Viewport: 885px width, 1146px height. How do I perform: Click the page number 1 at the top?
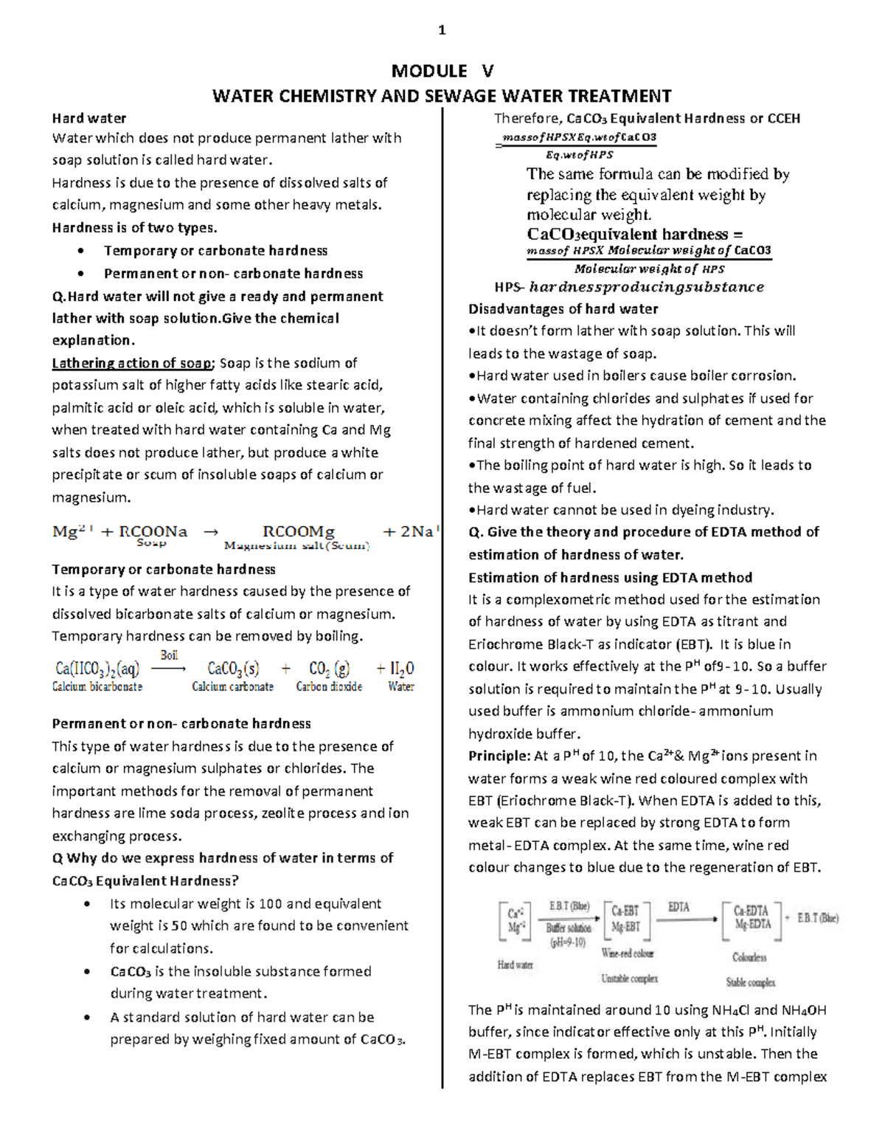click(442, 30)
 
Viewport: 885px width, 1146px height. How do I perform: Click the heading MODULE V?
click(442, 71)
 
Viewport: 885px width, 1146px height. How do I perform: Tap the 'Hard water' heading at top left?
click(88, 118)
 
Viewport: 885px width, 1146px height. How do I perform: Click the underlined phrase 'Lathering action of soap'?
click(132, 363)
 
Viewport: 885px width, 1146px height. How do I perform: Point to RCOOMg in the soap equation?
click(299, 531)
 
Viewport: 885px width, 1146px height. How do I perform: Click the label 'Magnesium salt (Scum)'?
click(296, 546)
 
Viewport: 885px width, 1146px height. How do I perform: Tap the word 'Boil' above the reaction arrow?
click(169, 655)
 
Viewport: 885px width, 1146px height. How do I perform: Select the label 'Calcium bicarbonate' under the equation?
click(97, 686)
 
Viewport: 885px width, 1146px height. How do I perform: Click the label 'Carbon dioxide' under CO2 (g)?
click(329, 686)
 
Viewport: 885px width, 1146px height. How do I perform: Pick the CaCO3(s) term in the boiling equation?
click(233, 669)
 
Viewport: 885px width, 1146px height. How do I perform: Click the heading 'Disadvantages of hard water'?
click(563, 308)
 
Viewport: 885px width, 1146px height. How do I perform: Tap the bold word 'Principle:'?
click(499, 756)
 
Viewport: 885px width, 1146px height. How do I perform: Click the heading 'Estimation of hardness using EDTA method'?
click(610, 577)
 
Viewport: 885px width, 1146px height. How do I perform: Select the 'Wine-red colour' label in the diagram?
click(628, 953)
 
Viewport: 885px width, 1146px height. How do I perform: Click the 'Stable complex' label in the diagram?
click(750, 982)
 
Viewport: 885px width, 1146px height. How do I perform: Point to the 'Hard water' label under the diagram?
click(515, 964)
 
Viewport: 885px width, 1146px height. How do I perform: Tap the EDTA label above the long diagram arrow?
click(678, 907)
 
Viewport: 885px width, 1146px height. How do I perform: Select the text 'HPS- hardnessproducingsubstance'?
click(628, 287)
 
